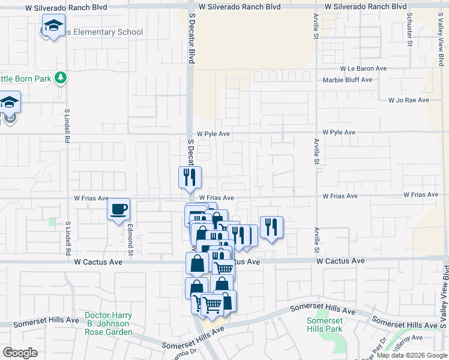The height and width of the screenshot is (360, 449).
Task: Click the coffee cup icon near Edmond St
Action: click(118, 209)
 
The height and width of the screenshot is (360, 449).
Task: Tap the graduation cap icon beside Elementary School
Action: click(53, 26)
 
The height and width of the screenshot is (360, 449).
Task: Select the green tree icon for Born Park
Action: click(60, 77)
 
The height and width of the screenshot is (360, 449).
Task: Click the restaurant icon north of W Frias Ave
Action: click(188, 177)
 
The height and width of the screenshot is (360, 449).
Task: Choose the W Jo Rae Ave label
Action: click(408, 100)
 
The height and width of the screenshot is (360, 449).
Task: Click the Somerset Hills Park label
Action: click(324, 325)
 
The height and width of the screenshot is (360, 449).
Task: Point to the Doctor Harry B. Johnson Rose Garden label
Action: click(108, 323)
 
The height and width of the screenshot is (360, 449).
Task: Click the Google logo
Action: click(20, 353)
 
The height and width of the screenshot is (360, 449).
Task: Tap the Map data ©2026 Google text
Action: click(411, 355)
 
